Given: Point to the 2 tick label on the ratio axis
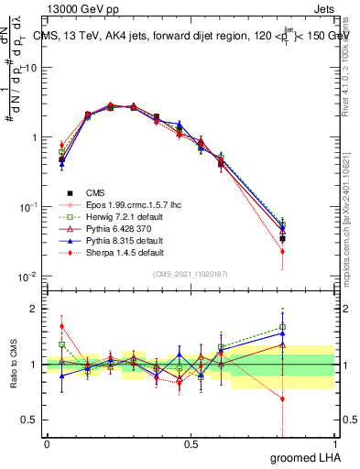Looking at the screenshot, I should click(35, 309).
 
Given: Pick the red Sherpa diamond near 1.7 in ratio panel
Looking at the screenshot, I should click(61, 326).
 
